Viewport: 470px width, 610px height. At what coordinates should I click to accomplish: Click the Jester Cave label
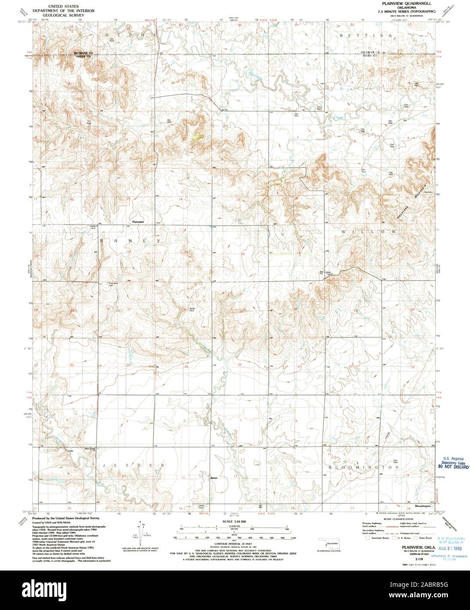click(x=192, y=309)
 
